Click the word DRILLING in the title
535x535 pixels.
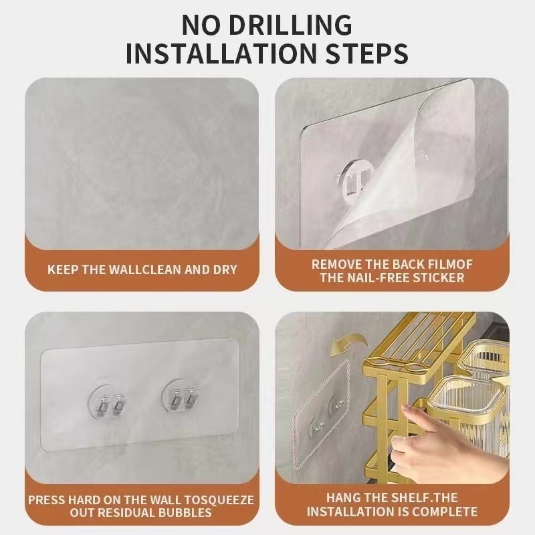click(290, 25)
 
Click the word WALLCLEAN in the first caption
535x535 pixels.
click(145, 270)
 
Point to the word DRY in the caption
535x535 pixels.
click(225, 270)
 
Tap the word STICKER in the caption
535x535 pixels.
click(439, 278)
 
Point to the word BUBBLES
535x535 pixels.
click(185, 512)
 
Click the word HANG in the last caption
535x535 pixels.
click(342, 498)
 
